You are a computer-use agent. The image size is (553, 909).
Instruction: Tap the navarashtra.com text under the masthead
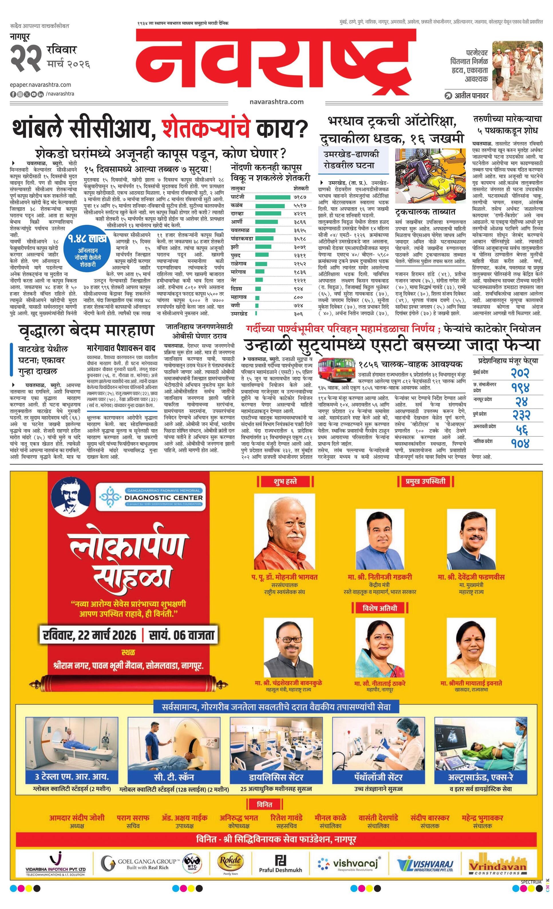(276, 101)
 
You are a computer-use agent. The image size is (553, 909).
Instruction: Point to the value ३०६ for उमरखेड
(298, 314)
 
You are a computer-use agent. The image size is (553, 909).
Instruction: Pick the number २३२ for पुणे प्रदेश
(520, 416)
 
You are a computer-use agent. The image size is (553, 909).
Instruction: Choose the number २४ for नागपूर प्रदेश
(520, 401)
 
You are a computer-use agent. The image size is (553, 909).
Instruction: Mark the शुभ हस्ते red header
(285, 482)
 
